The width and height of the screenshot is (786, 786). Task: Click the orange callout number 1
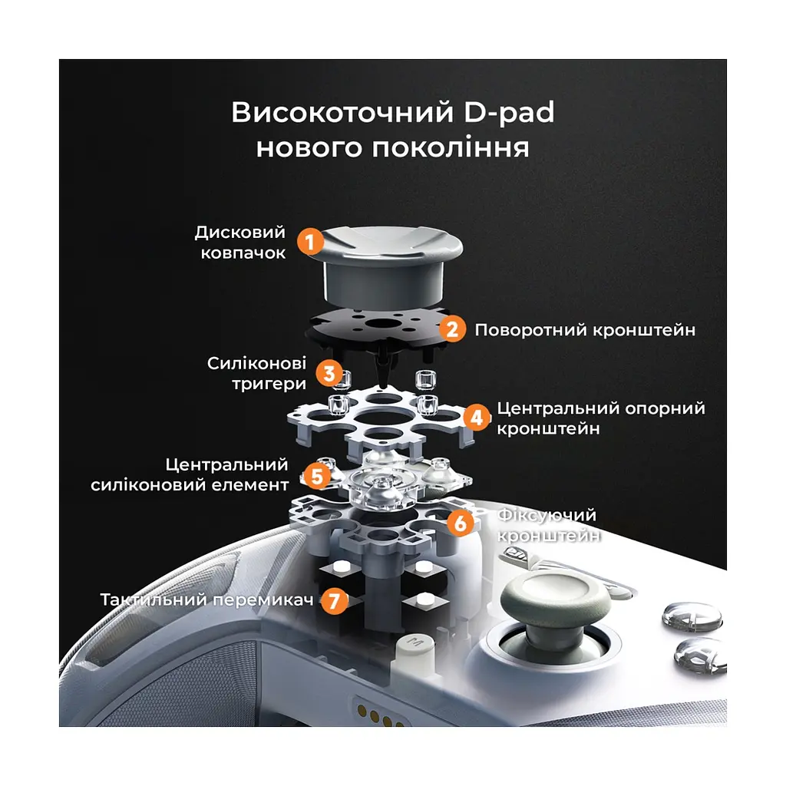[x=310, y=242]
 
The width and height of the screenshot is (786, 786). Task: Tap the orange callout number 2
[x=452, y=329]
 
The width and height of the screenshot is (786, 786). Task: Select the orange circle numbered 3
[x=329, y=373]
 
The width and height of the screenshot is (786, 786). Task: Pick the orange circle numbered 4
[x=476, y=418]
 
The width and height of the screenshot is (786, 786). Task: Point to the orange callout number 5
[x=317, y=476]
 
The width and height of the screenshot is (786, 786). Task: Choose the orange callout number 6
[x=461, y=523]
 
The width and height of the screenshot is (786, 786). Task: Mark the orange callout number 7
[x=335, y=600]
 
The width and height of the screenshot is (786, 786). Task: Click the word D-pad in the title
[x=509, y=113]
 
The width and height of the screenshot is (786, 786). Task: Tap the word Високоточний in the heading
[x=342, y=112]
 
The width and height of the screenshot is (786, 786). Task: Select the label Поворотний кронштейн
[x=585, y=330]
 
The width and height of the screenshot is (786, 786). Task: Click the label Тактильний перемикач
[x=207, y=599]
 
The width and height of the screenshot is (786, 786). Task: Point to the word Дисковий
[x=240, y=232]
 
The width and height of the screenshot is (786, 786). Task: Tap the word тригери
[x=269, y=384]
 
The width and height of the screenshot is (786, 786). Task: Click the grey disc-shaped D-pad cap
[x=385, y=267]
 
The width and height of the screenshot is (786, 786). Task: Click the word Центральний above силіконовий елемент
[x=227, y=464]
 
